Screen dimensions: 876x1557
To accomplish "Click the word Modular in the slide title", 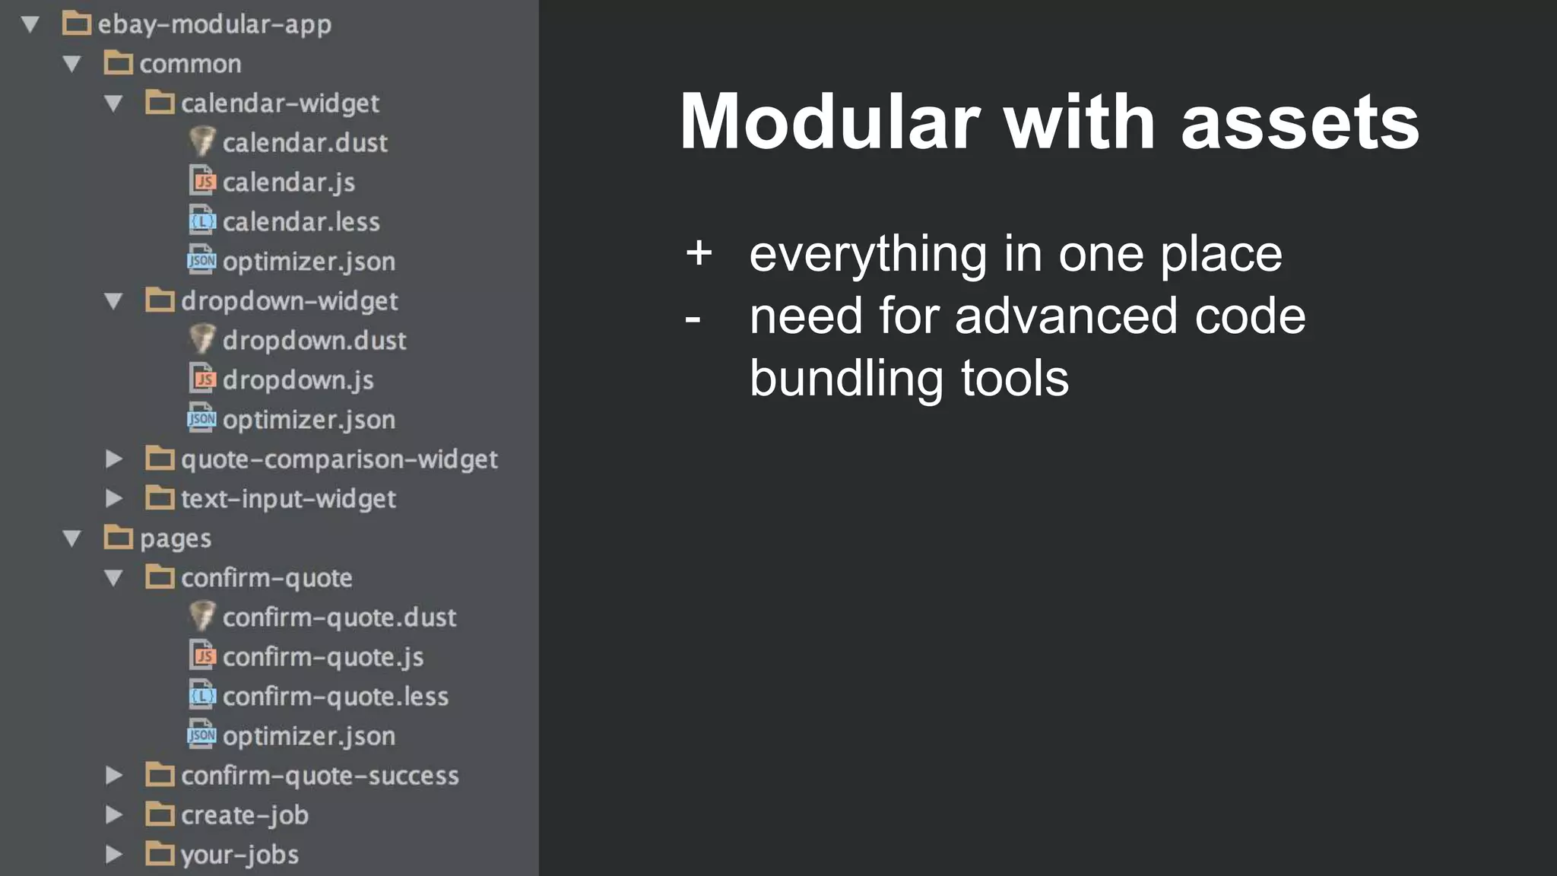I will pos(829,122).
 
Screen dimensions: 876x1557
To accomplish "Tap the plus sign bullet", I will pos(699,253).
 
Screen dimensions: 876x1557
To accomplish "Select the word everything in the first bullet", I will pos(867,255).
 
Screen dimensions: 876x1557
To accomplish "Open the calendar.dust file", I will pos(305,142).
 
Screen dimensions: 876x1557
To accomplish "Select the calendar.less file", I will pos(301,221).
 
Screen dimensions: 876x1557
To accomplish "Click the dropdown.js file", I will pos(298,379).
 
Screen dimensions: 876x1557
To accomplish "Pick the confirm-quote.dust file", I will pos(339,617).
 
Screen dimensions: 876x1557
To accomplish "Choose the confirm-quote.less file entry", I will pos(335,696).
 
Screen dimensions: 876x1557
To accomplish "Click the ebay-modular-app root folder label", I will pos(214,24).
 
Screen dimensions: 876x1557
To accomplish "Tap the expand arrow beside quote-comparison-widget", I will pos(114,459).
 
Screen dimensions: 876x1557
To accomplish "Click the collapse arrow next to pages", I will pos(72,538).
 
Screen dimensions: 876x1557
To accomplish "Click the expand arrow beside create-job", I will pos(114,814).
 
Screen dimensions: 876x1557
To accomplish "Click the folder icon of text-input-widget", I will pos(160,498).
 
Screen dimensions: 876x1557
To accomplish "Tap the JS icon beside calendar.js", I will pos(202,181).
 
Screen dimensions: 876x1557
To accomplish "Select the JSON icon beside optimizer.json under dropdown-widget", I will pos(202,418).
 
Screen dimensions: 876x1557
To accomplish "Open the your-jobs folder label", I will pos(239,855).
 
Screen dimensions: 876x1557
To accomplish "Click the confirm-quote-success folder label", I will pos(320,776).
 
